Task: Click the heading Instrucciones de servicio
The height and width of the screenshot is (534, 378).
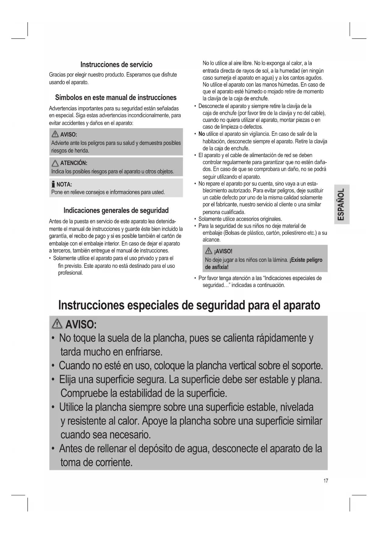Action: point(116,65)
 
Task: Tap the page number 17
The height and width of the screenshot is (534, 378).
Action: point(326,481)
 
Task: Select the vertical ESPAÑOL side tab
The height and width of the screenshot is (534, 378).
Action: point(341,204)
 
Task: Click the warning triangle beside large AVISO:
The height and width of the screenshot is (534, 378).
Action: point(57,325)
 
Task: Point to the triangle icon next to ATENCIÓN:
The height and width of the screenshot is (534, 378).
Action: point(55,163)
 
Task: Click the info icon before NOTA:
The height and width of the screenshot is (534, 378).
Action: point(53,184)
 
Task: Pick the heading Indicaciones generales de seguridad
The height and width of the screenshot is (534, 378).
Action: point(116,210)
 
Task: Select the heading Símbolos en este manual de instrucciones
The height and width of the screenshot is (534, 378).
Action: point(116,97)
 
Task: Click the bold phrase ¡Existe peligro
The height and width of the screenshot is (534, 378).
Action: point(306,260)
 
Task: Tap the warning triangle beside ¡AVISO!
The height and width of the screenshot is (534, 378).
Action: point(209,251)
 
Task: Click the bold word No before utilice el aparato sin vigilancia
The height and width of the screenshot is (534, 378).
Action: point(202,134)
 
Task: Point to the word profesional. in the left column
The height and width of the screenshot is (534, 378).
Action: point(70,273)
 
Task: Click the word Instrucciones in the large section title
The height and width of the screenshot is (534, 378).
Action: point(91,305)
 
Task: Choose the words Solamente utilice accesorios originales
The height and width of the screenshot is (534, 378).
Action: point(240,219)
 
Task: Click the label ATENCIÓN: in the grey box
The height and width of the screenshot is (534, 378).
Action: point(74,163)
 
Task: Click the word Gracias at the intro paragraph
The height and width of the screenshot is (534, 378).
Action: point(57,75)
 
